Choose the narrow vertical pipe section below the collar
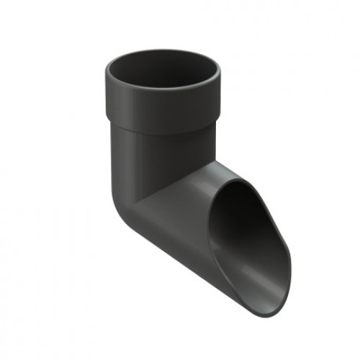point(155,155)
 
